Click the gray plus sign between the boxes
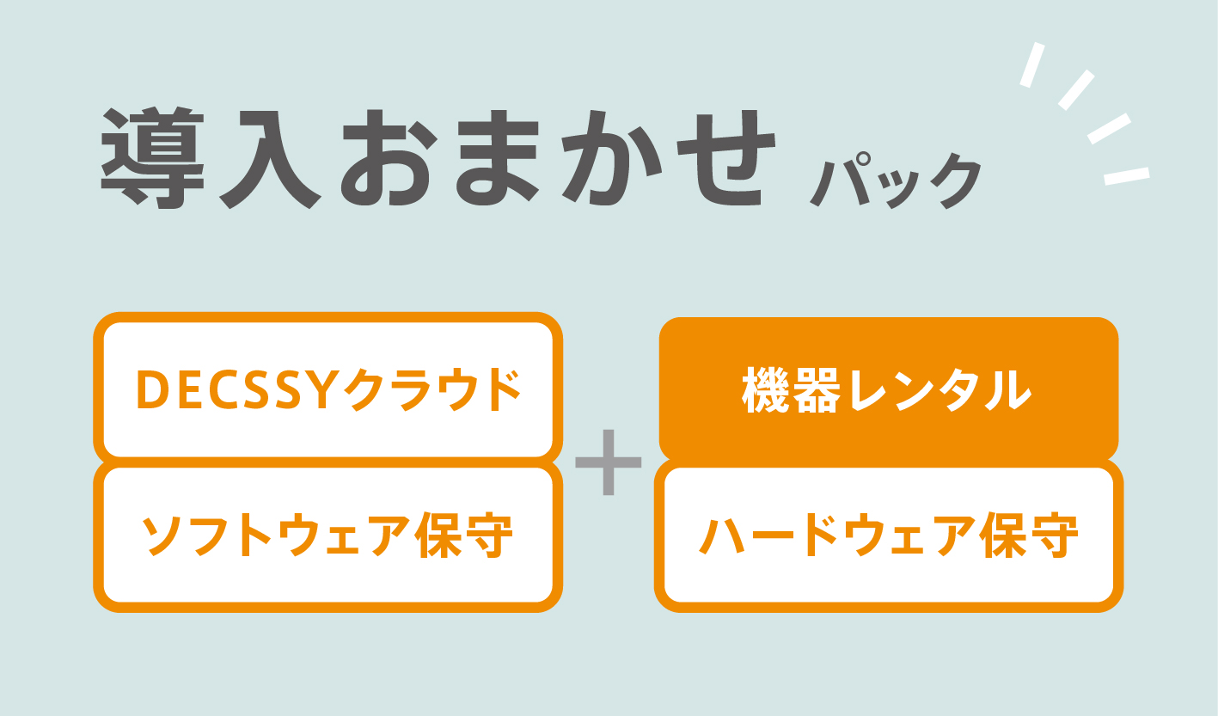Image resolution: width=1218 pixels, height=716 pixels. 609,462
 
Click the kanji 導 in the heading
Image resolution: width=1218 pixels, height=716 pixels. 153,158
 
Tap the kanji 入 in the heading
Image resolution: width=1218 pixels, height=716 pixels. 270,159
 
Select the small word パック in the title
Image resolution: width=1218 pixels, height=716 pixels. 896,181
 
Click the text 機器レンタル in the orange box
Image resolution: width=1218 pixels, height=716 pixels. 887,390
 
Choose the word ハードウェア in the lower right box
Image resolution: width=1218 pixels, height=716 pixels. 837,535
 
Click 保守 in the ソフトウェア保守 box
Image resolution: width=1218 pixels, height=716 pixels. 464,535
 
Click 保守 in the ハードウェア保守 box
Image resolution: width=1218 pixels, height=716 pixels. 1028,535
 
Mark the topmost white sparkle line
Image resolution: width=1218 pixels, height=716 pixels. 1032,64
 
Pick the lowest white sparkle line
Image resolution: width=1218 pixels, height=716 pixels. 1127,176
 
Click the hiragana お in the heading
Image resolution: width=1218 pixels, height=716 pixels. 389,158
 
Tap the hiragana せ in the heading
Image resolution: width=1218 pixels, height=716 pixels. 726,158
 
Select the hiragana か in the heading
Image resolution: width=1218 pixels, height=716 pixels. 612,158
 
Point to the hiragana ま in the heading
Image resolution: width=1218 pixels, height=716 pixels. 498,158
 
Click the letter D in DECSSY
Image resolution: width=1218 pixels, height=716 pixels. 151,389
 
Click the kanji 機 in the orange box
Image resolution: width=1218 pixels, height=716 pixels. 766,390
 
